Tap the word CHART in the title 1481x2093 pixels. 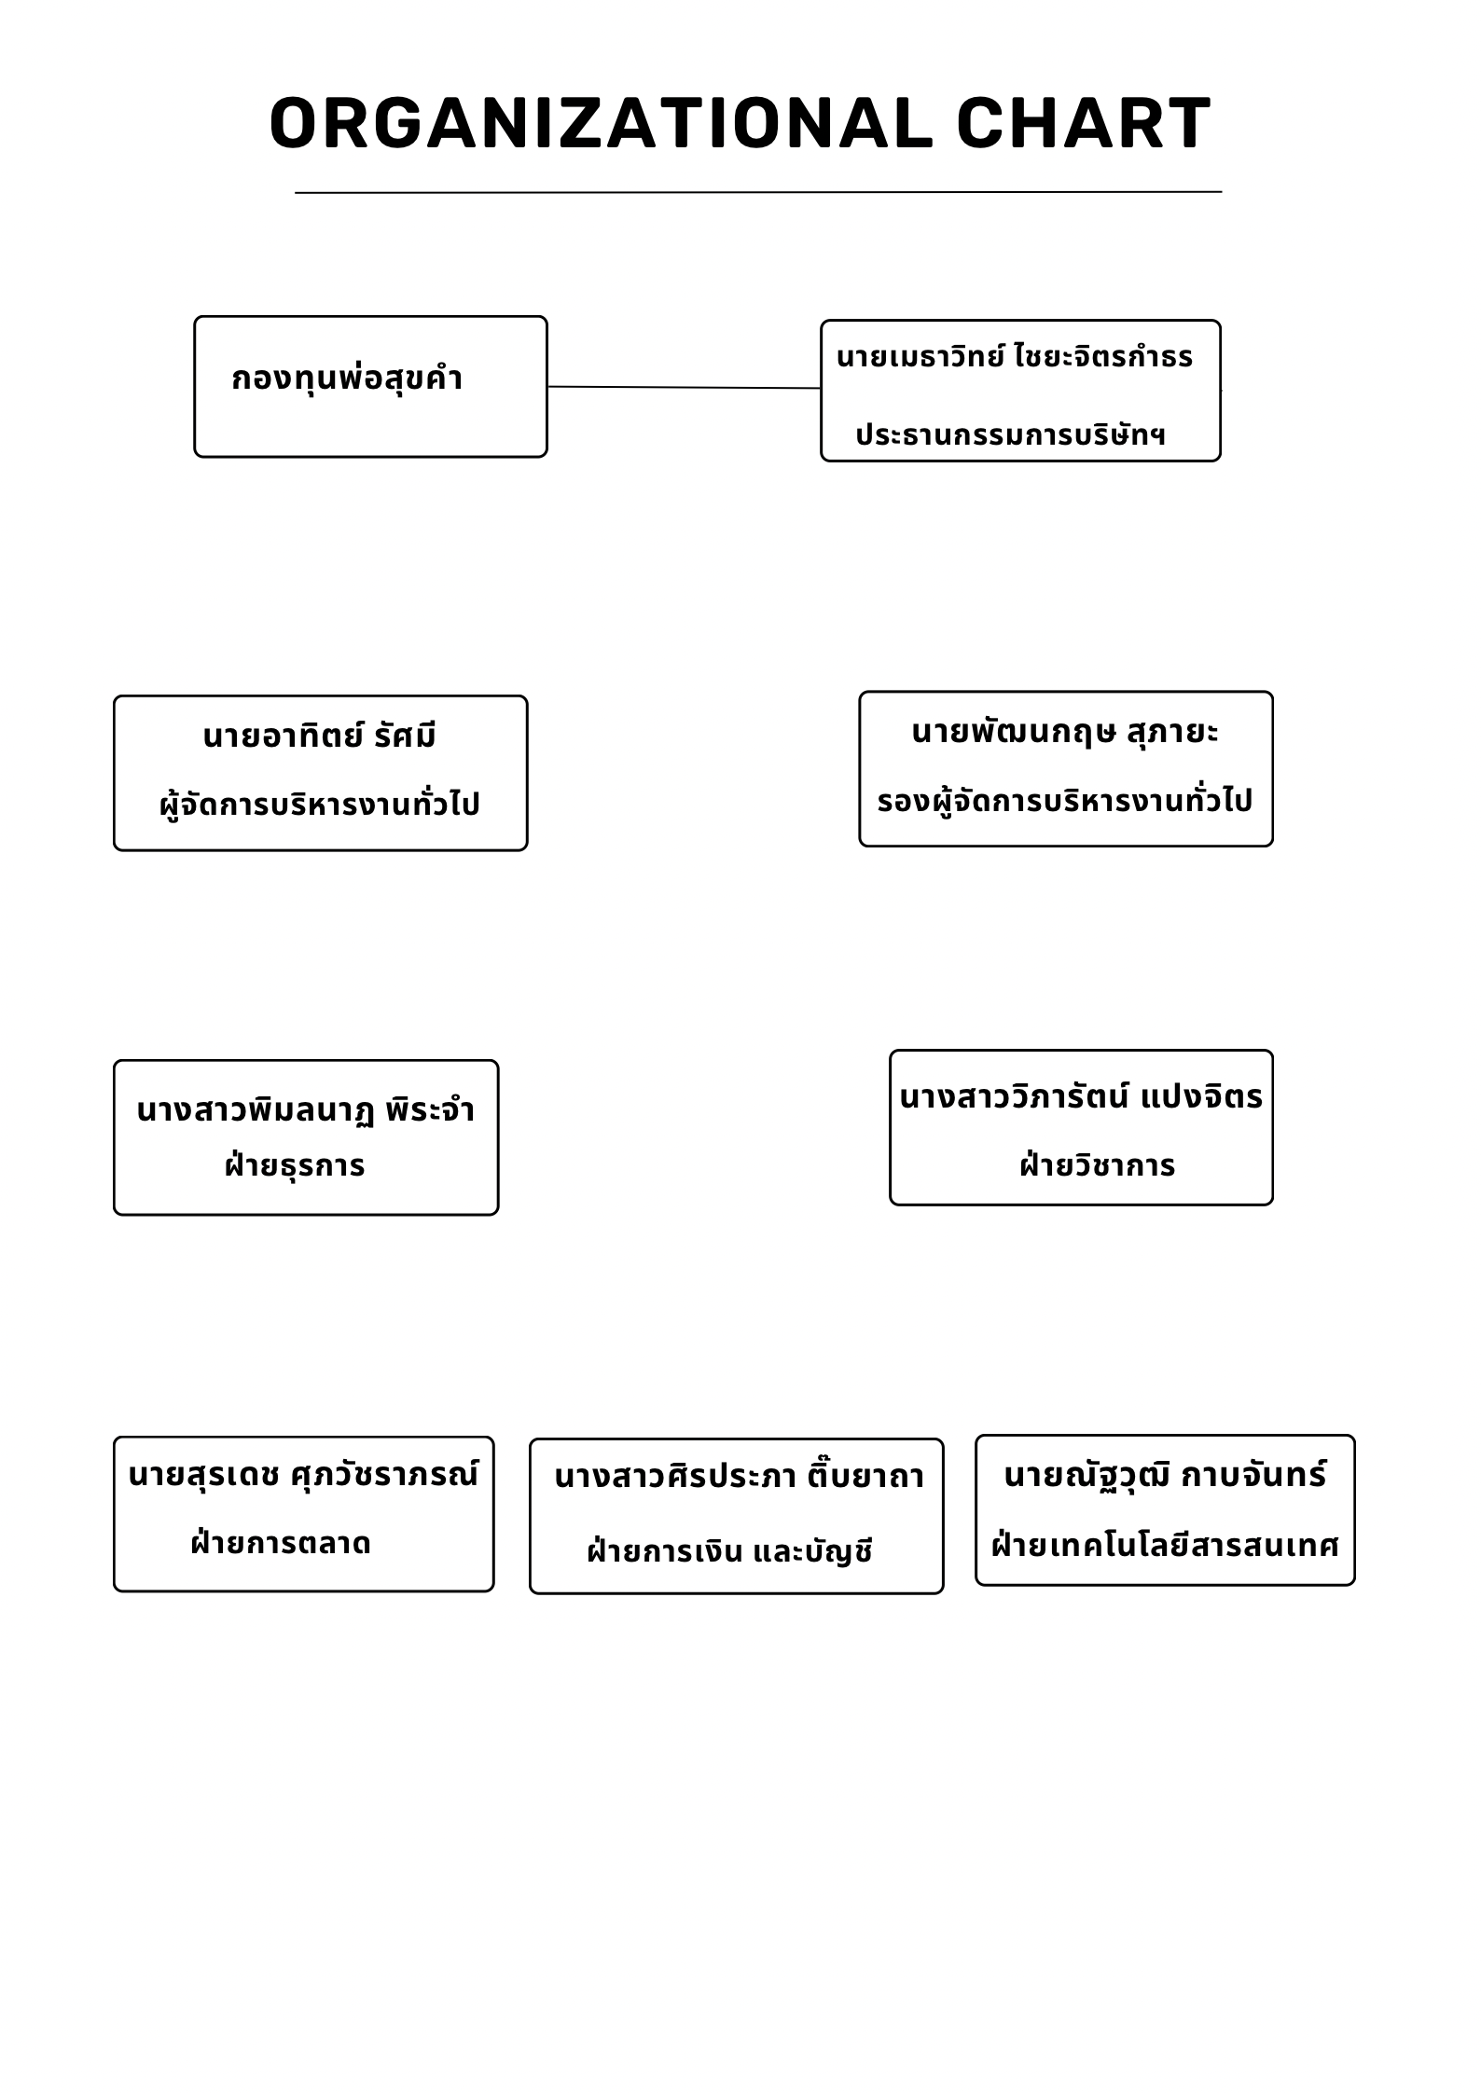1085,123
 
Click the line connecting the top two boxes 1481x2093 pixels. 685,387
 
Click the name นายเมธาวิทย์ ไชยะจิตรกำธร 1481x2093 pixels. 1015,357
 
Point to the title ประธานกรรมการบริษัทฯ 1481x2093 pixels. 1011,435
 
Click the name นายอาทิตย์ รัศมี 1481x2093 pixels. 320,736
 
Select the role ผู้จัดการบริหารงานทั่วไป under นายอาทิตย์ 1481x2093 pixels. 320,804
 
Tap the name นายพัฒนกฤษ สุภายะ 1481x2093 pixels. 1065,733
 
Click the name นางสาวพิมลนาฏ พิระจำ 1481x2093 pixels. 306,1110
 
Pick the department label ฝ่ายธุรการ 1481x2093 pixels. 295,1165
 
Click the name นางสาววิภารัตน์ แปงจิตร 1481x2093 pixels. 1081,1097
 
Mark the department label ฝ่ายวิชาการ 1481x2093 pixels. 1097,1165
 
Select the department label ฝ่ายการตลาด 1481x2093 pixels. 281,1543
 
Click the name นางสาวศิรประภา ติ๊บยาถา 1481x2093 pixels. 739,1476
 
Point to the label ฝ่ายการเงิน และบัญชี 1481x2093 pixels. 729,1551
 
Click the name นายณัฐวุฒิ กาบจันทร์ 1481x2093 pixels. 1165,1475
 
